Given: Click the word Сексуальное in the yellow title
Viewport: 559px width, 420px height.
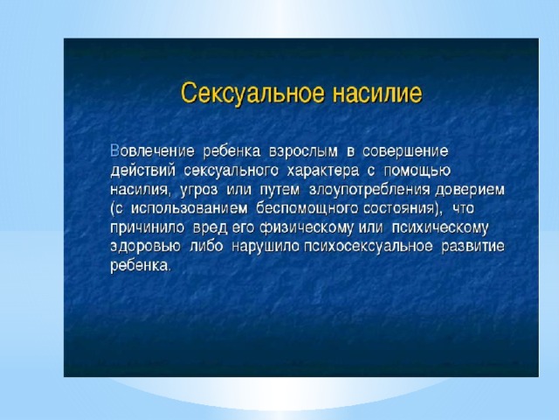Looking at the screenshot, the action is (x=252, y=94).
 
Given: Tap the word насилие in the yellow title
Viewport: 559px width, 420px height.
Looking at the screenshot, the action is (x=377, y=94).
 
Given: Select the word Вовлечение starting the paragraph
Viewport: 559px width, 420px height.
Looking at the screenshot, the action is (x=153, y=151).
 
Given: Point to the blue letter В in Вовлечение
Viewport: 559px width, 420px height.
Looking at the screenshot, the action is (x=114, y=151).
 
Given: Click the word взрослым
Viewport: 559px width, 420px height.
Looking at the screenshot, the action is (x=303, y=152).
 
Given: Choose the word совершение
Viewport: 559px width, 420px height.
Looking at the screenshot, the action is (x=405, y=151).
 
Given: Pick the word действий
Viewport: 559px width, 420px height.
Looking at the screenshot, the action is (x=143, y=171).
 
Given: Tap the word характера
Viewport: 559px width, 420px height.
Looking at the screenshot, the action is (x=323, y=171).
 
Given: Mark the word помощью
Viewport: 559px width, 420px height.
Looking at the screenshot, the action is (x=418, y=171).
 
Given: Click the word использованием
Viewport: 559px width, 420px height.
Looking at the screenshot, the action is (x=190, y=209).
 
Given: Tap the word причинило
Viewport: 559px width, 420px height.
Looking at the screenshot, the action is (x=148, y=227).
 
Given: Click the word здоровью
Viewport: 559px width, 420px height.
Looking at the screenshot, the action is (x=146, y=247).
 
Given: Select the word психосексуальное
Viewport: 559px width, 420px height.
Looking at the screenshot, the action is (x=369, y=247).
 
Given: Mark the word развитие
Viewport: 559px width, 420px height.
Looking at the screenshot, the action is (x=473, y=247).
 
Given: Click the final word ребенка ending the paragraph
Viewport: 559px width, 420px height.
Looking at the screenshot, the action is (x=140, y=266).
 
